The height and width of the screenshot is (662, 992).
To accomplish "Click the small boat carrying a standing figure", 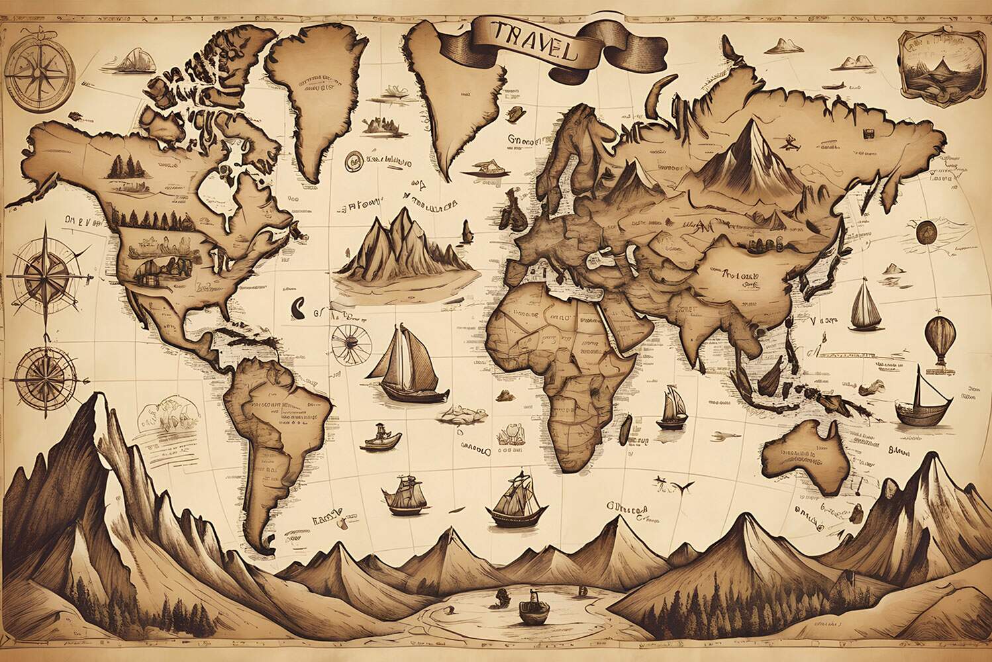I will [383, 437].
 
